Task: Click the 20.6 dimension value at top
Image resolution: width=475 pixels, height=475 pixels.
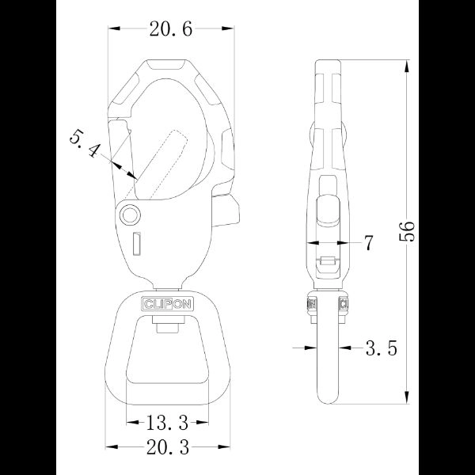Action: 171,30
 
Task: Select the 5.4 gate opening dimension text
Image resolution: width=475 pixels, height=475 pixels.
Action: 85,146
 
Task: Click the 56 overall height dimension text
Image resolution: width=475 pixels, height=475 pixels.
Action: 407,230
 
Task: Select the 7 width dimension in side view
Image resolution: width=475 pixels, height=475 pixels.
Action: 368,243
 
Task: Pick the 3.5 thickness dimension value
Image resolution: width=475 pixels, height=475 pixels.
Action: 381,347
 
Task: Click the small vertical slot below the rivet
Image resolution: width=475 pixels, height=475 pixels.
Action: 135,245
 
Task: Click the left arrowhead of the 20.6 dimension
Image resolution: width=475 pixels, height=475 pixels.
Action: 113,29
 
